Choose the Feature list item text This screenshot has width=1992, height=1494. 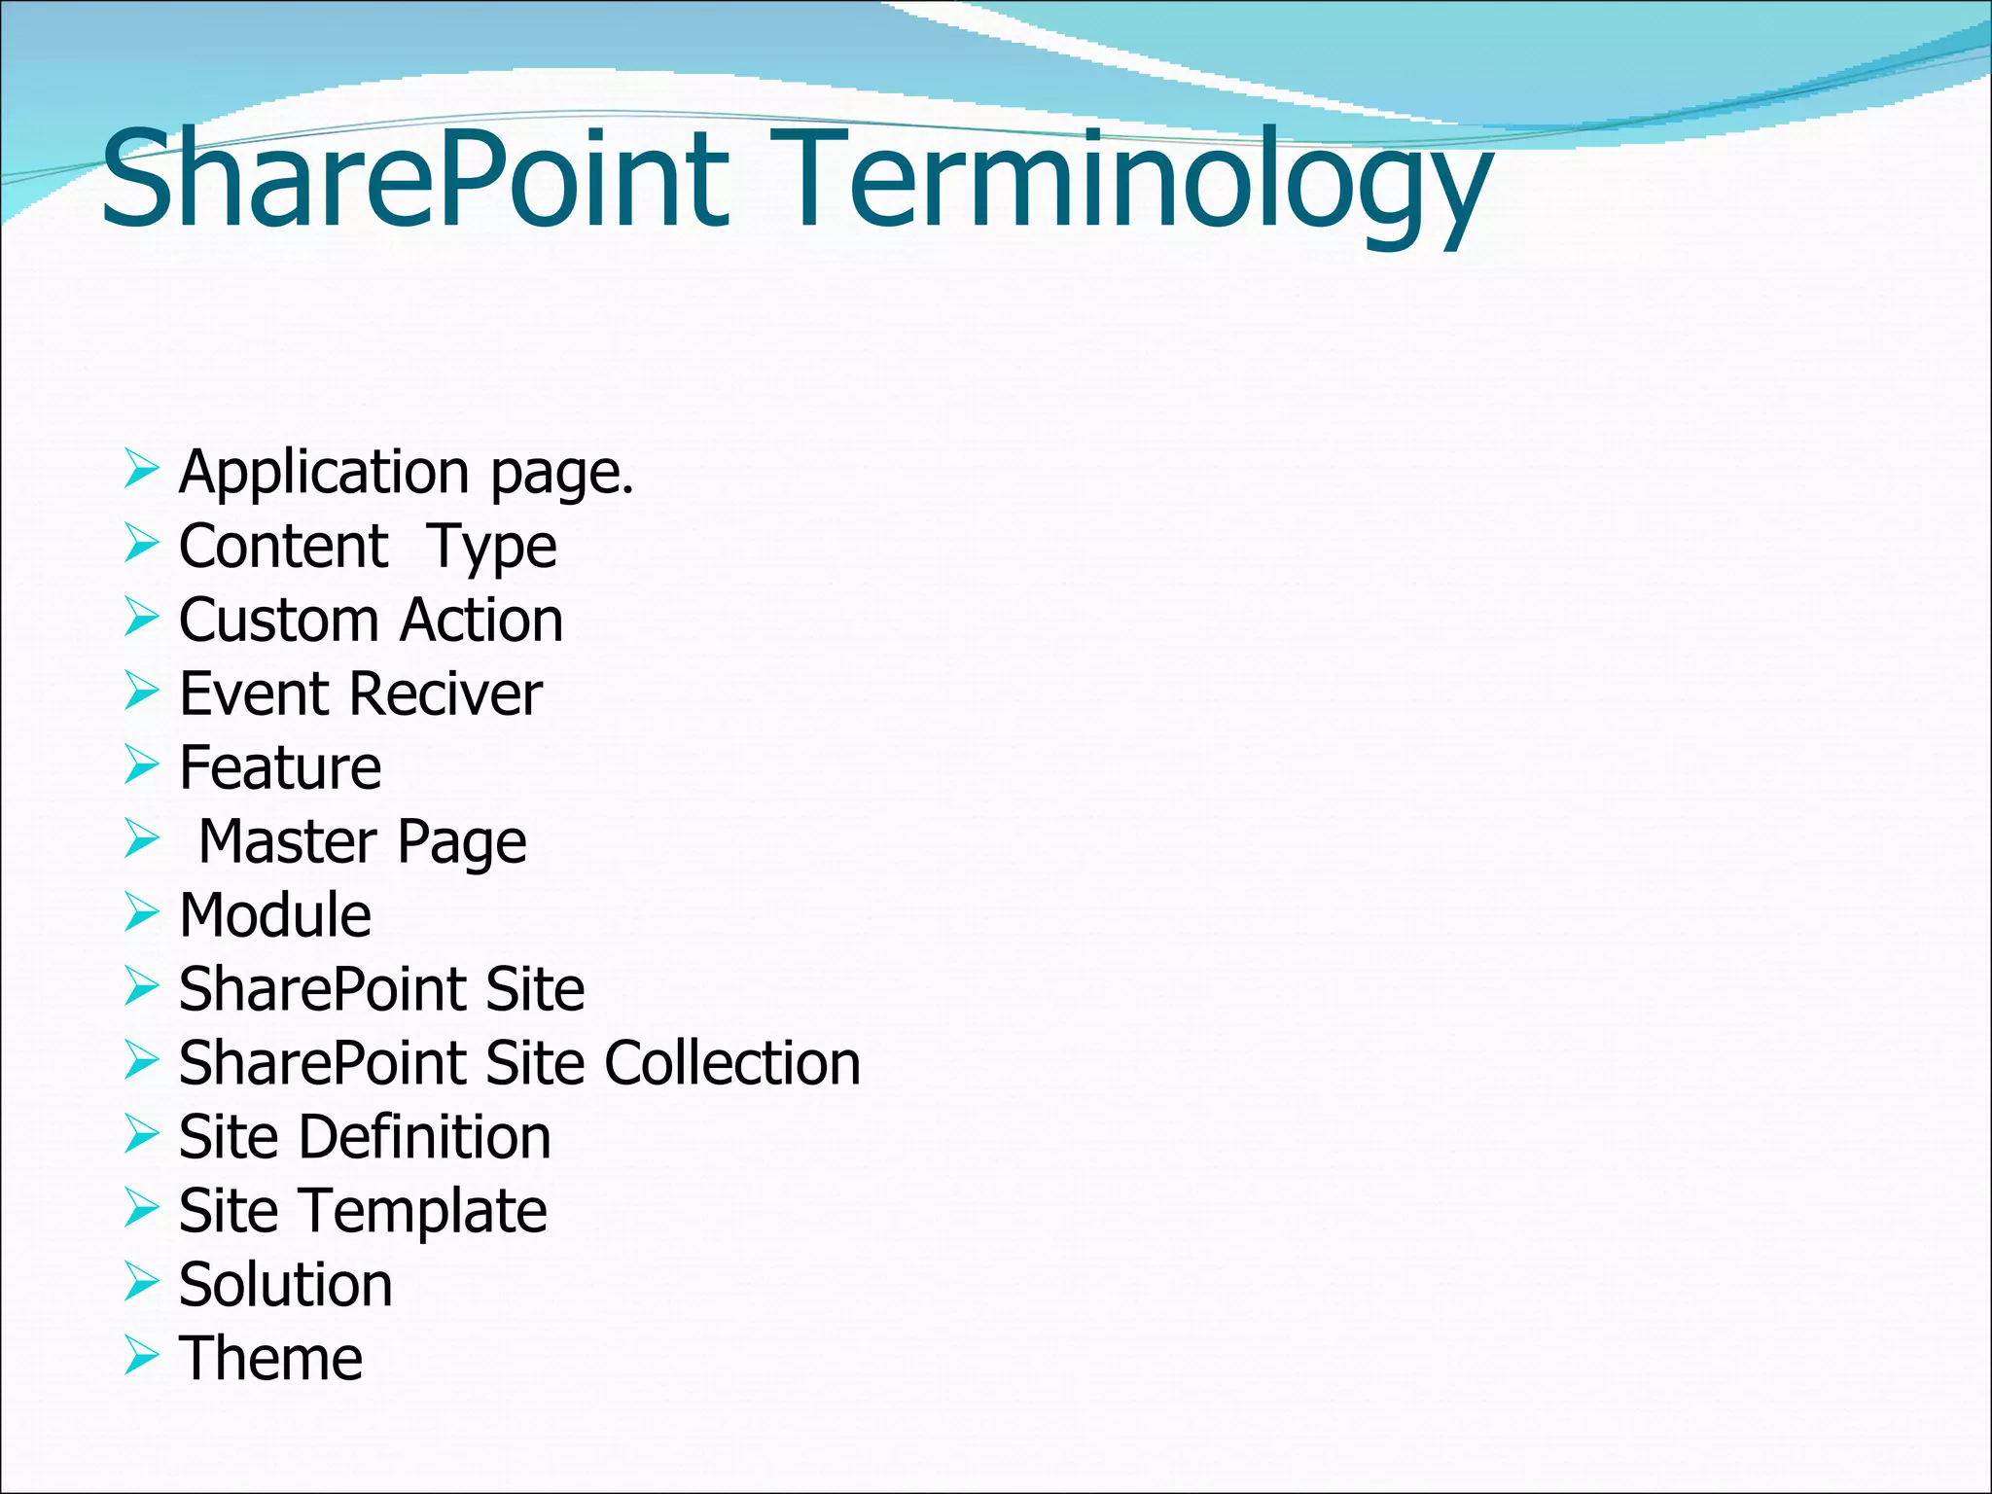(280, 767)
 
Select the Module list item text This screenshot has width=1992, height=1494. (275, 915)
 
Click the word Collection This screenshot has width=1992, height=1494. (732, 1062)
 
